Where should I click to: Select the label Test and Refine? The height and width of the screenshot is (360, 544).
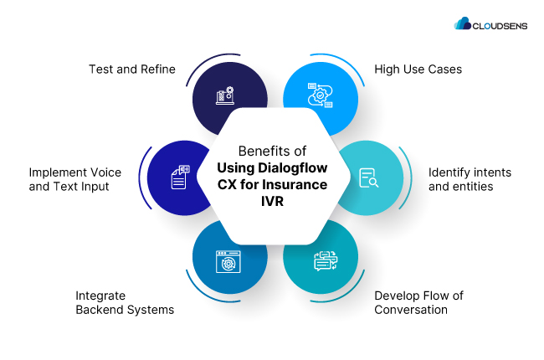coord(132,69)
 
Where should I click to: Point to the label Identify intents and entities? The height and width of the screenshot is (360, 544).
coord(470,179)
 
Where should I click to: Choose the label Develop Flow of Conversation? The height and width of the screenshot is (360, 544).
coord(418,302)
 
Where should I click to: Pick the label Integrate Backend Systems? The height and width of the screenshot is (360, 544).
coord(125,302)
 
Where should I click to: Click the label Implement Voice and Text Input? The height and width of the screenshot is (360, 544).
coord(75,179)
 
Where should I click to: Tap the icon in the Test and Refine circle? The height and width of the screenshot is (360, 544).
coord(226,95)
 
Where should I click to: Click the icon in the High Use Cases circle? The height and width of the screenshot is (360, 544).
coord(320,95)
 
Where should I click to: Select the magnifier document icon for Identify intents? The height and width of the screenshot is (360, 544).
coord(367,177)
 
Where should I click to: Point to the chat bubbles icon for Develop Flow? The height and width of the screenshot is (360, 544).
coord(324,261)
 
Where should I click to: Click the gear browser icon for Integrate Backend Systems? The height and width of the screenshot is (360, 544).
coord(226,261)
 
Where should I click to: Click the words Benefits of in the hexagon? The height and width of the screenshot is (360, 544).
coord(272,152)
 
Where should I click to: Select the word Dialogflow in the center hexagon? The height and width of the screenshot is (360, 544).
coord(291,168)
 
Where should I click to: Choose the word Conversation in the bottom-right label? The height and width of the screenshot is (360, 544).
coord(411,310)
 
